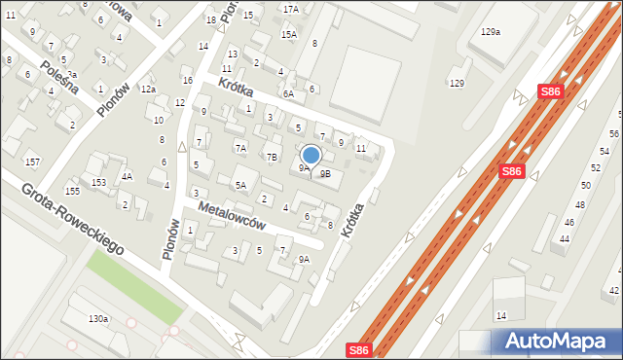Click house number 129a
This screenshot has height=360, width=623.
[490, 32]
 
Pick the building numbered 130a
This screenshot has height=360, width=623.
[97, 319]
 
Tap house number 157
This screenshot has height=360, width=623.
[32, 161]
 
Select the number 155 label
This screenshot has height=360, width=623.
[71, 191]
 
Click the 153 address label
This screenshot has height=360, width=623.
[98, 183]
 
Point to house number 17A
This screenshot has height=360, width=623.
[290, 9]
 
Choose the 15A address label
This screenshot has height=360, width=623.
[288, 34]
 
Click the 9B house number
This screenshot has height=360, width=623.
[325, 174]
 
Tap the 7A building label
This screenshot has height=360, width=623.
[240, 148]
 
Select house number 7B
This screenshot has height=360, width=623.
[273, 157]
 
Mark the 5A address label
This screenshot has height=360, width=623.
[240, 184]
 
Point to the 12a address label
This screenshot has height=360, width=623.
[147, 89]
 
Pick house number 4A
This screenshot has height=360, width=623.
[127, 177]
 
